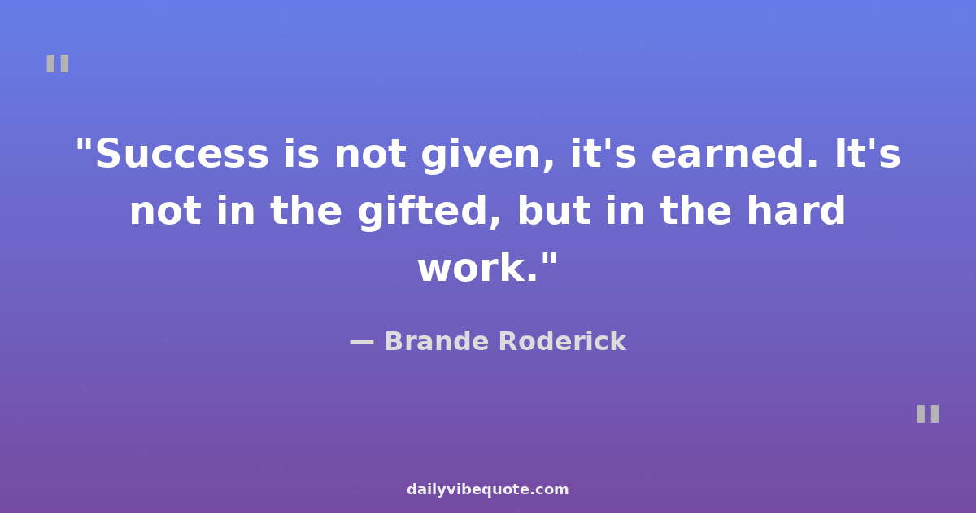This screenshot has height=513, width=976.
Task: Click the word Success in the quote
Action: [x=181, y=154]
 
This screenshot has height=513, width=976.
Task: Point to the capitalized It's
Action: [x=868, y=153]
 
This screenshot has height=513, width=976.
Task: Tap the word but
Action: [x=554, y=210]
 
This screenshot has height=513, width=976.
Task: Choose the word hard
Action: [x=796, y=210]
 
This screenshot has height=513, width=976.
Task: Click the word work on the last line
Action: [x=478, y=267]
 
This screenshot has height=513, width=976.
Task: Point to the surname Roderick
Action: [x=563, y=340]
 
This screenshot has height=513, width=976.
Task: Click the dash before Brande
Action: [x=362, y=342]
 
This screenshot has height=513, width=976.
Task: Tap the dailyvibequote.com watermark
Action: [x=487, y=489]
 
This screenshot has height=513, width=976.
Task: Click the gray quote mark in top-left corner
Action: [x=58, y=64]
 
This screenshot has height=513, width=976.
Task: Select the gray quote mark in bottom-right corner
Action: [x=928, y=414]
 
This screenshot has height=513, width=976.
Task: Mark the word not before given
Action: [x=370, y=155]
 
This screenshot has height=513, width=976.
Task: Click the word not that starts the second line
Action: [x=166, y=212]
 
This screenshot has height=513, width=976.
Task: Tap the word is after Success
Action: [x=302, y=153]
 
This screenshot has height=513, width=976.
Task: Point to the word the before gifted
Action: [x=306, y=210]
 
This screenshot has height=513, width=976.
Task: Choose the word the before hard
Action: [x=695, y=210]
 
